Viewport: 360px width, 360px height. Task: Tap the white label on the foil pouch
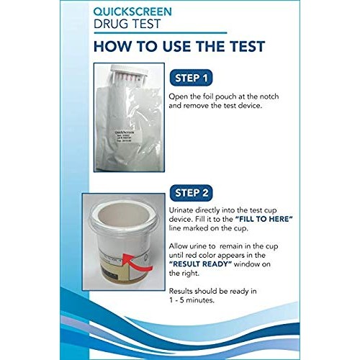(x=116, y=136)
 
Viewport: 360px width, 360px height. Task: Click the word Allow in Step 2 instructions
(x=179, y=245)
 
